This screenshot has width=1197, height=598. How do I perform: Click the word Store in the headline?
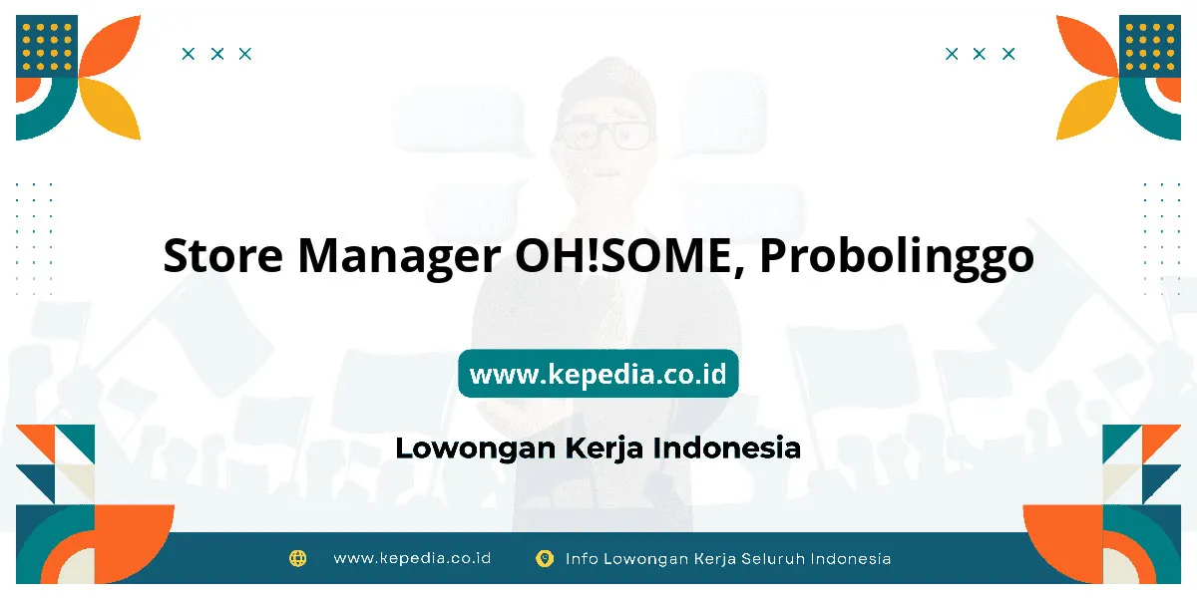(222, 256)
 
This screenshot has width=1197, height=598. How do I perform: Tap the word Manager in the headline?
(399, 258)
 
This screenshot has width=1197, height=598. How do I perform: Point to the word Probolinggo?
(896, 258)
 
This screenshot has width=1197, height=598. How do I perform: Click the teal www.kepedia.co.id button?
(598, 373)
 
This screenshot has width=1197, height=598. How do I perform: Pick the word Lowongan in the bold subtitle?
(476, 448)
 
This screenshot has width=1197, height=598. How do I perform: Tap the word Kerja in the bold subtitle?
(603, 448)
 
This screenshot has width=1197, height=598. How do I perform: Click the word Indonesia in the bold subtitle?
(727, 448)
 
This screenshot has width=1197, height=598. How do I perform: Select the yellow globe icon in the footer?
(297, 558)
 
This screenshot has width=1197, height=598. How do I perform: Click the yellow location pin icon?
(545, 558)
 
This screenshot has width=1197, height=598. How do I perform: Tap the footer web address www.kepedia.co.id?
(412, 558)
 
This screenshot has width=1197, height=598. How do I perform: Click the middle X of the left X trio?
(217, 54)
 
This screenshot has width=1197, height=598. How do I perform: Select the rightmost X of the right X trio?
(1008, 54)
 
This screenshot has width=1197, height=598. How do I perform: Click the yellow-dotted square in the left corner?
(47, 46)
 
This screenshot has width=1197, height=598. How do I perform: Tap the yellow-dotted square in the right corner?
(1150, 46)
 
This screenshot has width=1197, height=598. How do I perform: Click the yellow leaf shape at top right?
(1087, 109)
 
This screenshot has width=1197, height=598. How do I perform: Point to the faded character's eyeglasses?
(604, 136)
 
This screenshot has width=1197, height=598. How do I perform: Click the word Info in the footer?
(582, 558)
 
